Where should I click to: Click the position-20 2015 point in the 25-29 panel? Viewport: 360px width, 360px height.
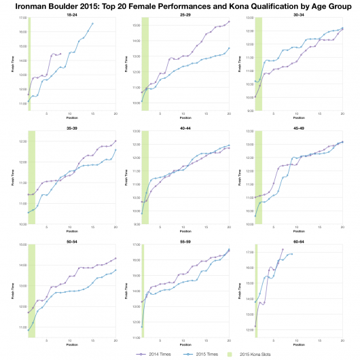(229, 48)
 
